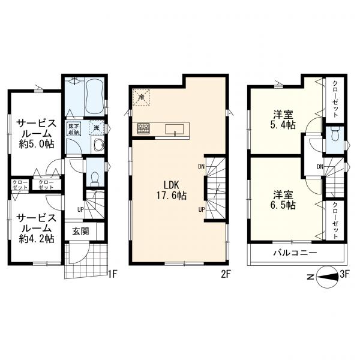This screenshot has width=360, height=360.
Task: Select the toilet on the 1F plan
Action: (x=95, y=179)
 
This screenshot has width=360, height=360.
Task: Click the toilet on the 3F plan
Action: (x=335, y=134)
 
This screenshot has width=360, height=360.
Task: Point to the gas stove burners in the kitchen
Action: (x=143, y=128)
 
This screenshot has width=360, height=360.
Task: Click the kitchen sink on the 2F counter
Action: (x=175, y=129)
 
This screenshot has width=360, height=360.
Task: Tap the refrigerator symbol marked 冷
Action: (x=142, y=97)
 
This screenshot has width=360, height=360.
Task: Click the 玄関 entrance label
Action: (x=80, y=231)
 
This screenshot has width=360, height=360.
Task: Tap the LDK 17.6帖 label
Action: (x=171, y=190)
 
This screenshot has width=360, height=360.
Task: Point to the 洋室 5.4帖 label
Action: (x=284, y=120)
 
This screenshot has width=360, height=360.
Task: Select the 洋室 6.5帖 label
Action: (x=284, y=200)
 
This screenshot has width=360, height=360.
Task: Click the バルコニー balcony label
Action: (x=295, y=253)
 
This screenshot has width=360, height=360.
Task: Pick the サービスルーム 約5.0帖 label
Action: (x=37, y=134)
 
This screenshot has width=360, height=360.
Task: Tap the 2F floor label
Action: (x=225, y=275)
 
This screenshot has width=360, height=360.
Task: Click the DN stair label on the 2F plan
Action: (x=202, y=167)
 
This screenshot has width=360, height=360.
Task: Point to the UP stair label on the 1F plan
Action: (x=80, y=209)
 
